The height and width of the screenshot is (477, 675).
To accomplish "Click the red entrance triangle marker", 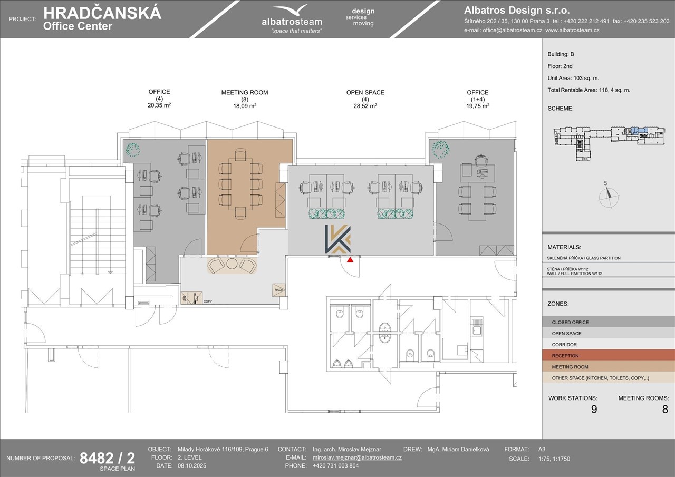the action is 350,259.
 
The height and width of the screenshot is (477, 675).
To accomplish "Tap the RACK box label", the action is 279,290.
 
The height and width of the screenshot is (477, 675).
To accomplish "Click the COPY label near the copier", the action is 208,301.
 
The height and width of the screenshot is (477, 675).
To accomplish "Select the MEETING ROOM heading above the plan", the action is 245,92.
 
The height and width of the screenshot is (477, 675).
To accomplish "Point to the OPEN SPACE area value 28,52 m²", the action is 365,106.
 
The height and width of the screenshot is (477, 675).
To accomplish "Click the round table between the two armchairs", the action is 232,264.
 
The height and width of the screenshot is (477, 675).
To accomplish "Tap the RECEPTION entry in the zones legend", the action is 565,356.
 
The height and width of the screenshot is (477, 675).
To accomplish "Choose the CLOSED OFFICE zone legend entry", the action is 570,322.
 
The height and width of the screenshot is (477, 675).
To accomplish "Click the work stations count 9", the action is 594,409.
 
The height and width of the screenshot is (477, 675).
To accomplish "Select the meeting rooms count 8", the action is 665,409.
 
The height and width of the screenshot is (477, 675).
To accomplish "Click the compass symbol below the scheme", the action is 609,196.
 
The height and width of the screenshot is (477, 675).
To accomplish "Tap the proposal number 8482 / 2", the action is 107,458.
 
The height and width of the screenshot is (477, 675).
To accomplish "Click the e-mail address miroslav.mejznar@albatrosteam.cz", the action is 357,457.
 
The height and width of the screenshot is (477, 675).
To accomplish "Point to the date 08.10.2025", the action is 192,465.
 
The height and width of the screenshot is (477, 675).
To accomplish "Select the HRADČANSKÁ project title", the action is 102,13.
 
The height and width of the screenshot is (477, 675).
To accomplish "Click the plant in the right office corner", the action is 440,149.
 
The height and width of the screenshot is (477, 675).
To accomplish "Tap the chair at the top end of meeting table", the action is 240,154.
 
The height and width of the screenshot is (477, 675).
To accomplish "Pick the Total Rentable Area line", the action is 589,90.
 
